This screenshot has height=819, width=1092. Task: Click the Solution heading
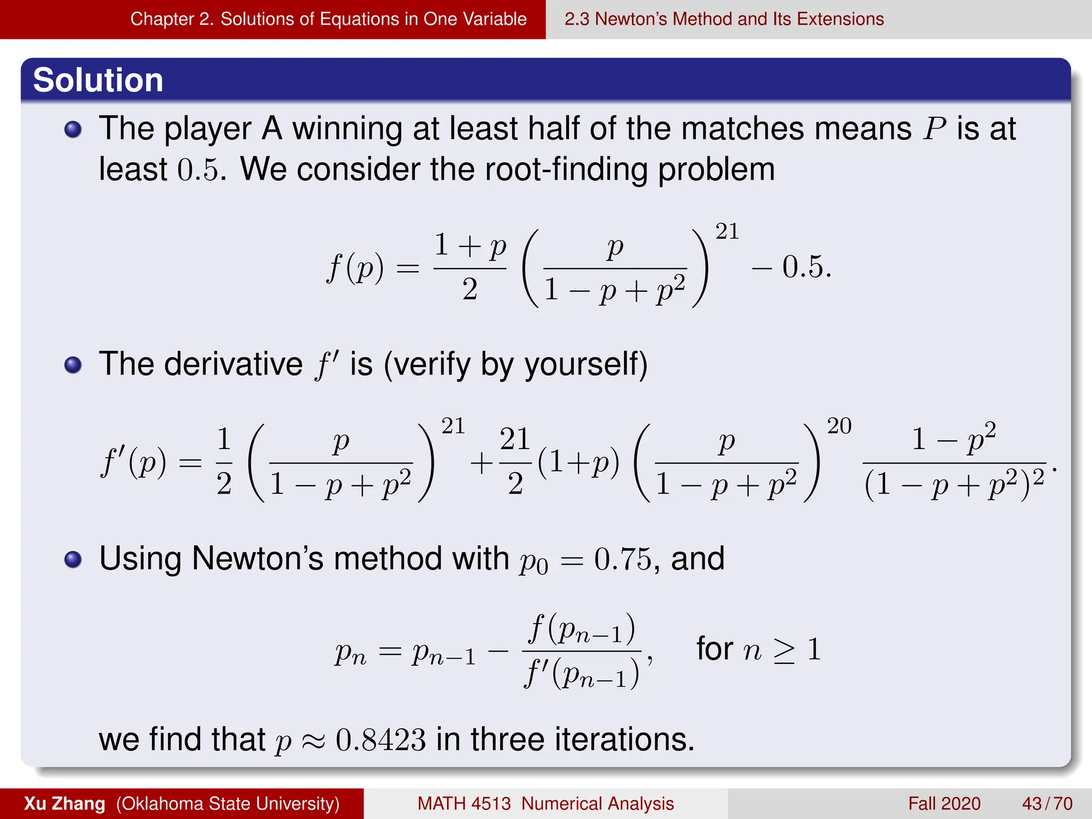click(x=98, y=81)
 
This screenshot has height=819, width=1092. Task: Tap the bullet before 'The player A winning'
click(x=73, y=130)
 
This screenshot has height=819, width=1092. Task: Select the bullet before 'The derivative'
click(x=73, y=365)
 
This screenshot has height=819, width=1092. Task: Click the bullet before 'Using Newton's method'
click(x=73, y=559)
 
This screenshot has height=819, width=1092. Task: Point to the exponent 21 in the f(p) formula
click(x=727, y=231)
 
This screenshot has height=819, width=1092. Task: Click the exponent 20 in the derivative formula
click(x=839, y=426)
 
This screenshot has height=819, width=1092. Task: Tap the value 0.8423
click(x=381, y=741)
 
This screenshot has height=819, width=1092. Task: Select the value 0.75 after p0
click(x=623, y=559)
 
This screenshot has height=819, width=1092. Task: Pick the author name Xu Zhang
click(x=65, y=804)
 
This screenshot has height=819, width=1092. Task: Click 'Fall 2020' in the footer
click(x=944, y=804)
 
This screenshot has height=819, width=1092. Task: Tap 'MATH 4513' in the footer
click(x=464, y=804)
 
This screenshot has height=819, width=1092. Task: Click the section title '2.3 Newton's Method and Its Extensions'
click(x=724, y=19)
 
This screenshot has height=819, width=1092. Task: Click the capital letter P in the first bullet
click(x=935, y=129)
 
